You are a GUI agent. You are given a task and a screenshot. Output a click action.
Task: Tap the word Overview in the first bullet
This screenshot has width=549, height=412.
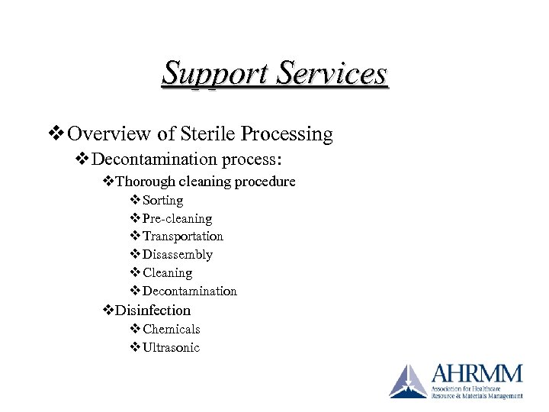tap(110, 134)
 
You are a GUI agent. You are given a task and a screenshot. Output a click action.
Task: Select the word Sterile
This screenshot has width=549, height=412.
tap(206, 134)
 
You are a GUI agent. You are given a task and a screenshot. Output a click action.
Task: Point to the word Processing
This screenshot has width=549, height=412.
tap(287, 135)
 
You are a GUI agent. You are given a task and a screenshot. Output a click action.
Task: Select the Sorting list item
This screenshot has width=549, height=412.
tap(163, 201)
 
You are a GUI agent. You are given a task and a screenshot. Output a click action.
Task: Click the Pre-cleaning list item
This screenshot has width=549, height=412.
tap(178, 219)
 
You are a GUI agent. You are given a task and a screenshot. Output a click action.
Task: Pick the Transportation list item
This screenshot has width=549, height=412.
tap(183, 237)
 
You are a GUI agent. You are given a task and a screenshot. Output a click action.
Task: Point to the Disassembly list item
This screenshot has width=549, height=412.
tap(178, 255)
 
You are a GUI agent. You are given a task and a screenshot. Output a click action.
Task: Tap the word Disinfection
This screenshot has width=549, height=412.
tap(152, 311)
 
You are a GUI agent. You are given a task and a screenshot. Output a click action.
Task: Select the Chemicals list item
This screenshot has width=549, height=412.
tap(172, 330)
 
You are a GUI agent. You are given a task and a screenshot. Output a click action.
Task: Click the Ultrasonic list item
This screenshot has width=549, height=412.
tap(172, 348)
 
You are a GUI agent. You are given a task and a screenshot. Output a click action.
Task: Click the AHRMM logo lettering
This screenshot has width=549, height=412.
tap(477, 375)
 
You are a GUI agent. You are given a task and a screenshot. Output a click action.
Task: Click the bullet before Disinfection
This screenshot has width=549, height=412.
tap(108, 311)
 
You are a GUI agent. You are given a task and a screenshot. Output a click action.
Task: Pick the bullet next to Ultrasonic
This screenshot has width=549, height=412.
tap(135, 348)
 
